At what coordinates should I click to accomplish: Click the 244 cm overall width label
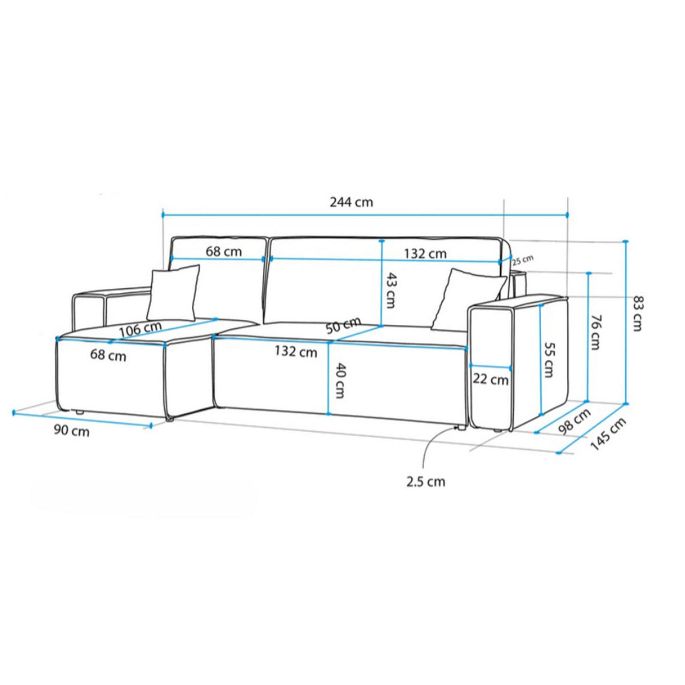coord(351,202)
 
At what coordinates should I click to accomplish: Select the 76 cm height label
coord(594,332)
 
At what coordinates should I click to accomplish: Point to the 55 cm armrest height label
coord(549,360)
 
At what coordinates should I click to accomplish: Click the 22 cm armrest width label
coord(490,380)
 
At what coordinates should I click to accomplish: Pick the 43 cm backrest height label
coord(390,291)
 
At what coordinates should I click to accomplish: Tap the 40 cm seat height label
coord(340,380)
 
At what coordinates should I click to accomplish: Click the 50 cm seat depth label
coord(344,325)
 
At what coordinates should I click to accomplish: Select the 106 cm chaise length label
coord(140,329)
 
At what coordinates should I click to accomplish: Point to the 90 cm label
coord(71,431)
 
